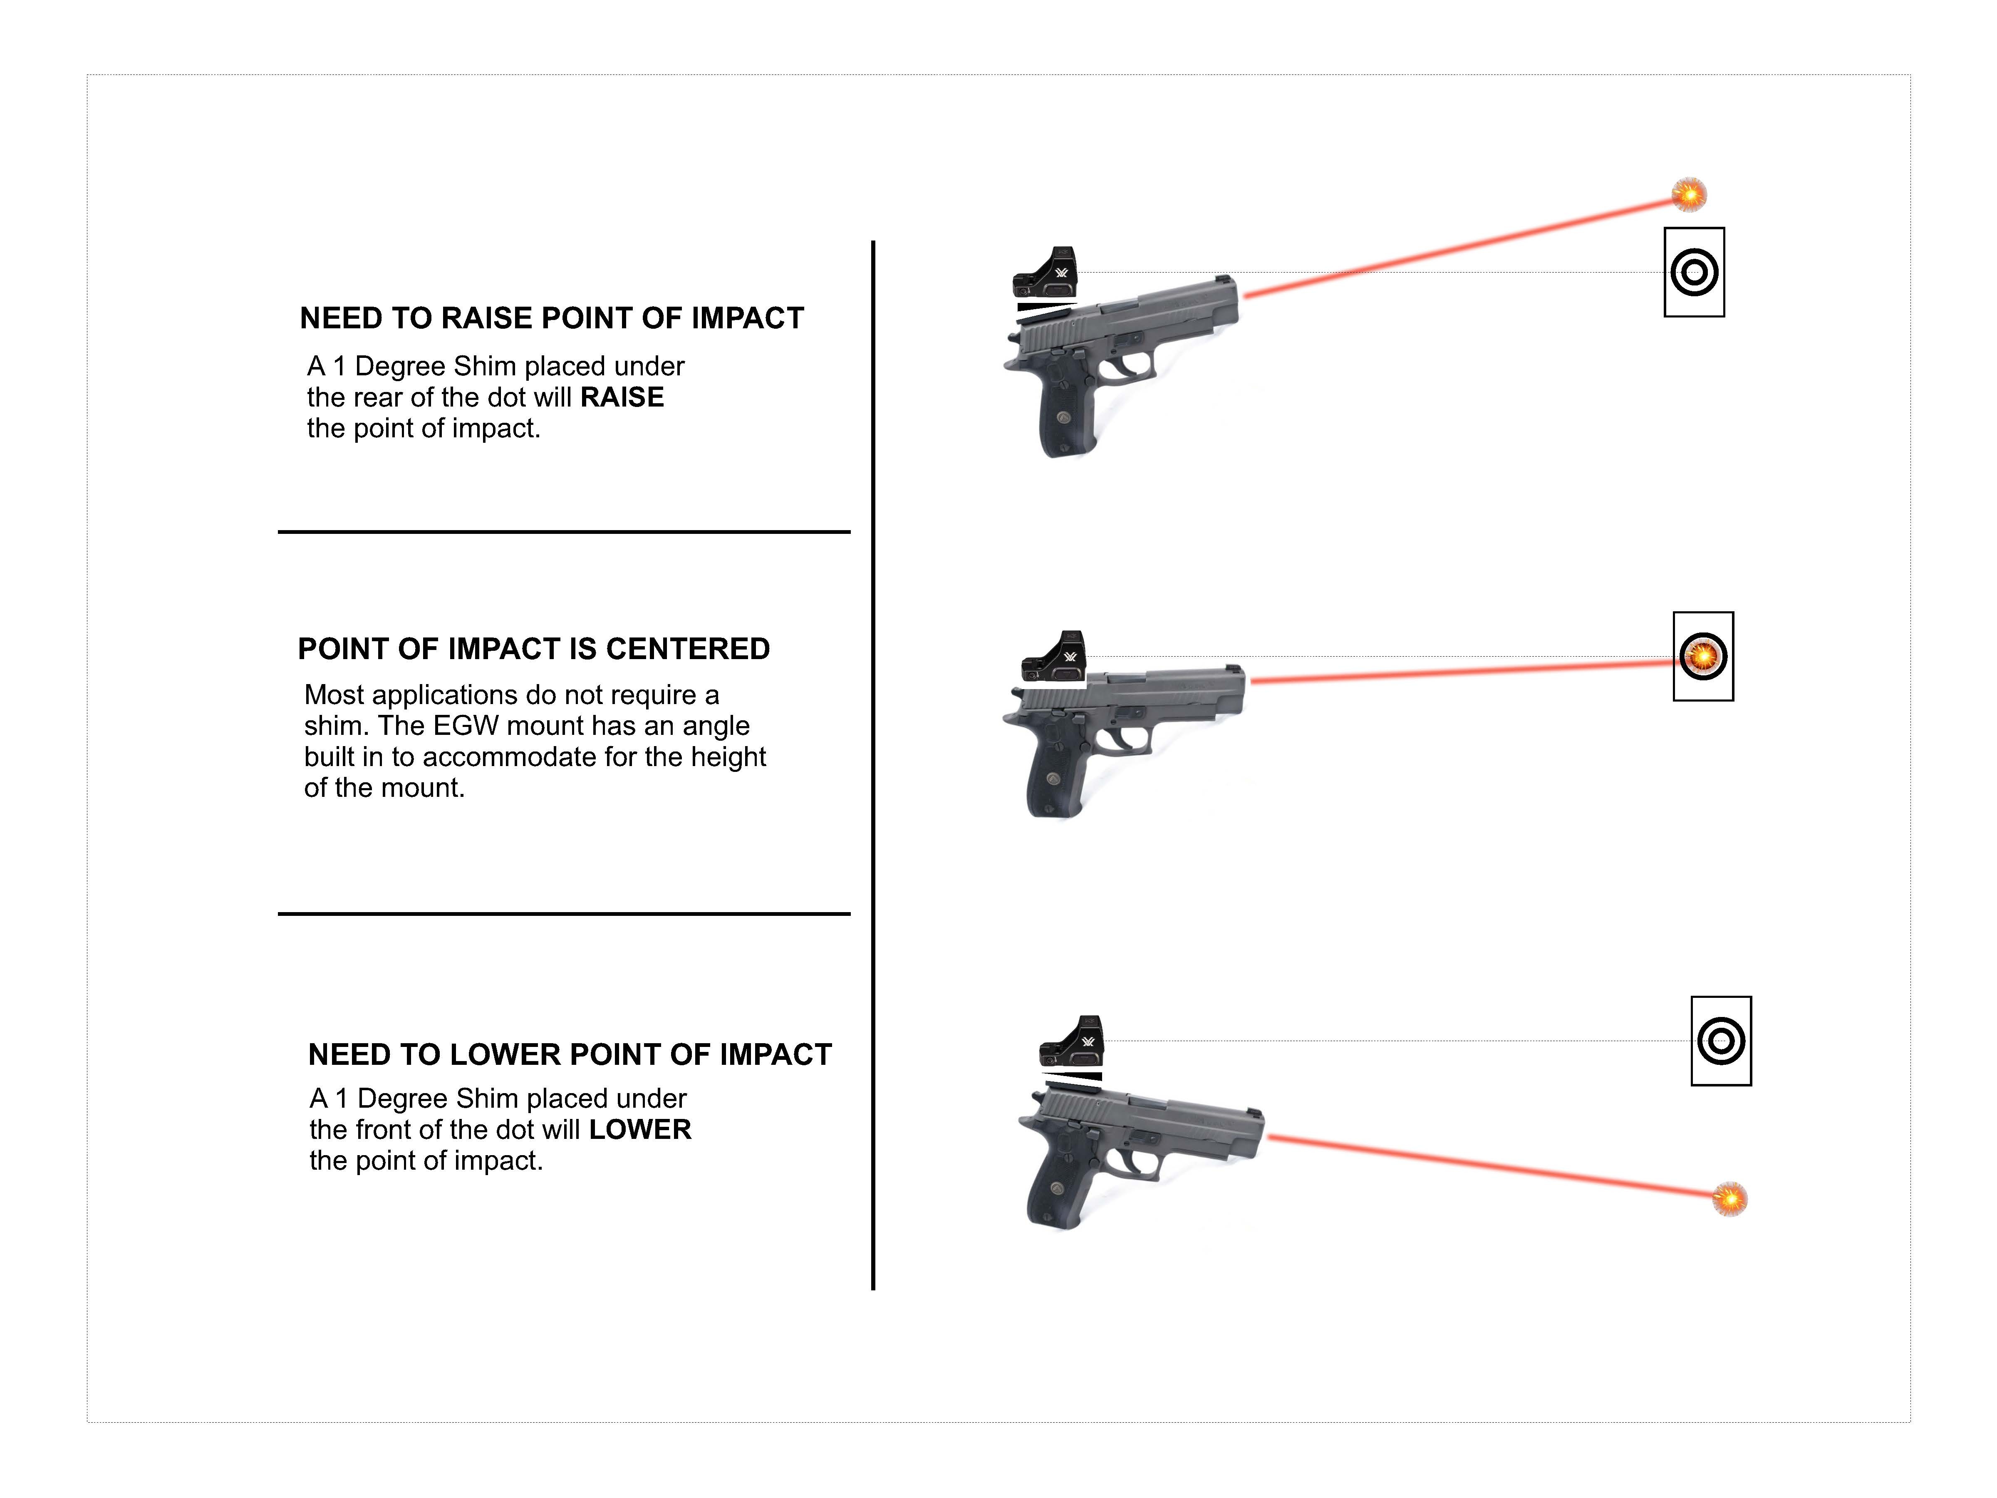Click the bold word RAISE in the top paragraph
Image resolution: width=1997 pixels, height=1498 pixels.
pyautogui.click(x=622, y=397)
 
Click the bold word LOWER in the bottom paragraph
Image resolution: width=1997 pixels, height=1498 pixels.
pyautogui.click(x=640, y=1130)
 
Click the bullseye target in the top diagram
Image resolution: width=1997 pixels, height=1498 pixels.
pyautogui.click(x=1694, y=272)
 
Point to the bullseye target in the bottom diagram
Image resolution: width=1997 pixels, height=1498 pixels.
pyautogui.click(x=1721, y=1041)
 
